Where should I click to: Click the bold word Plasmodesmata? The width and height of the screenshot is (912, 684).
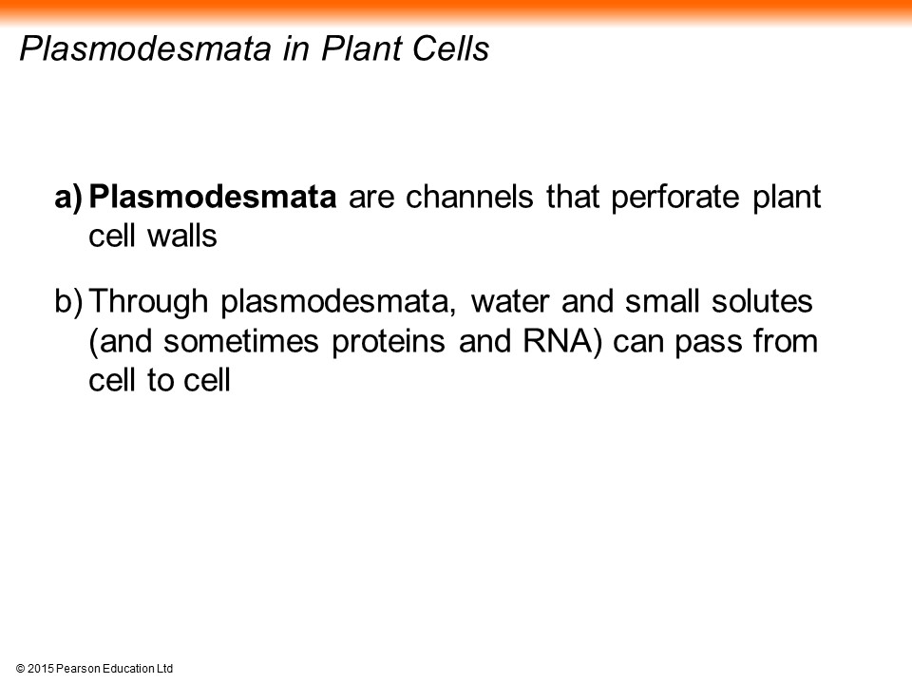pyautogui.click(x=212, y=197)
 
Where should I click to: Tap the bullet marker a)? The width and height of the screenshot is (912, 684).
pyautogui.click(x=69, y=198)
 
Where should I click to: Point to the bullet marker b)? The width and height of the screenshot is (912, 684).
pyautogui.click(x=69, y=302)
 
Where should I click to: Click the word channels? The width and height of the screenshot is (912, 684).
pyautogui.click(x=469, y=197)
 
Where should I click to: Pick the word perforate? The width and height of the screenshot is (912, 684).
pyautogui.click(x=675, y=199)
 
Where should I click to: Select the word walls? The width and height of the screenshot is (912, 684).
pyautogui.click(x=182, y=237)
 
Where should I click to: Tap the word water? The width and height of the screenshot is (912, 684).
pyautogui.click(x=509, y=302)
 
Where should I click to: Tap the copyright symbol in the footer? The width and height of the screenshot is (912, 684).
pyautogui.click(x=20, y=669)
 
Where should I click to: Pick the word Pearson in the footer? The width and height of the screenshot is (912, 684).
pyautogui.click(x=79, y=669)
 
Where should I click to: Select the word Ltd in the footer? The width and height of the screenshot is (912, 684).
pyautogui.click(x=165, y=669)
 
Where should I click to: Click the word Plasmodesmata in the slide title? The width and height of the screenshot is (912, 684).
pyautogui.click(x=145, y=48)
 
